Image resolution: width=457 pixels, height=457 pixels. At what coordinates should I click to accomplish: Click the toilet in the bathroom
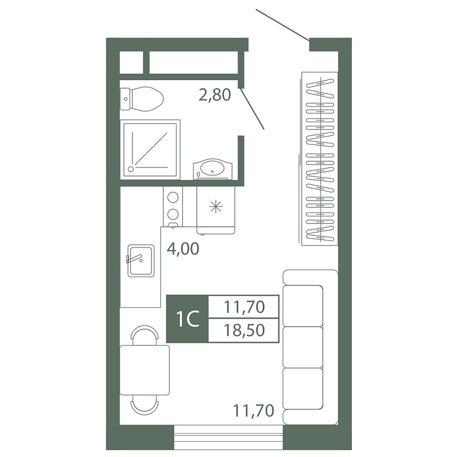click(142, 99)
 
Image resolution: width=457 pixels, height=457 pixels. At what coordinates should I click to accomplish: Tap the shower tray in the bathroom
click(150, 150)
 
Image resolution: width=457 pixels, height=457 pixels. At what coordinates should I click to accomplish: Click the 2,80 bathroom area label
click(215, 95)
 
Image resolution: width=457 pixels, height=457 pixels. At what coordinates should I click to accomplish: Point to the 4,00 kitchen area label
click(183, 249)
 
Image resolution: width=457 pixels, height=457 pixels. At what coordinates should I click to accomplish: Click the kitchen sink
click(141, 260)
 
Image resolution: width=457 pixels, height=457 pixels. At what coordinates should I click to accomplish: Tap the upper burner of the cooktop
click(173, 197)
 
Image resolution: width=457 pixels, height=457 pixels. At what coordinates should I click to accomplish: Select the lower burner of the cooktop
click(173, 214)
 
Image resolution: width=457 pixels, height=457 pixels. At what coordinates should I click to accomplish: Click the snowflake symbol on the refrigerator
click(216, 207)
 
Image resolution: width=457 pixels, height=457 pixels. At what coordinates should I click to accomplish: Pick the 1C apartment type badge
click(187, 319)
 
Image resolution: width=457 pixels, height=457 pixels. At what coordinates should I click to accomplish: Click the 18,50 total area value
click(244, 331)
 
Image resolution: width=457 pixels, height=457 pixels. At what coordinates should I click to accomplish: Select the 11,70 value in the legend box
click(244, 307)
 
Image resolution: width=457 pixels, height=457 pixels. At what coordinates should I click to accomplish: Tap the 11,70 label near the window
click(254, 411)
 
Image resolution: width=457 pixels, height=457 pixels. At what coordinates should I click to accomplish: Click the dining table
click(145, 370)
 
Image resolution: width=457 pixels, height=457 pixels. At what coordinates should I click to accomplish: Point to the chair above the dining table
click(145, 335)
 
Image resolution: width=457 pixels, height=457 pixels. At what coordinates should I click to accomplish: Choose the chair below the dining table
click(145, 405)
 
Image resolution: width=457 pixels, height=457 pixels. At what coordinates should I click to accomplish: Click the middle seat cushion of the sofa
click(303, 347)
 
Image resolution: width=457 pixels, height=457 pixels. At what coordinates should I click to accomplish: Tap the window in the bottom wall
click(228, 437)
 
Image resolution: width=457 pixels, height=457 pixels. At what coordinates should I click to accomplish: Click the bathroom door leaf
click(252, 108)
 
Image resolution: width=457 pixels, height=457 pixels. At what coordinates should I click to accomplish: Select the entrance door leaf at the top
click(282, 25)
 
